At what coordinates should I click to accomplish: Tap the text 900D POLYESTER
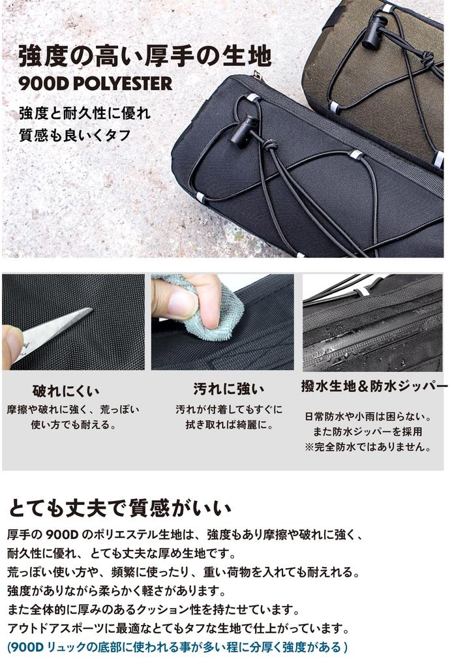tap(95, 83)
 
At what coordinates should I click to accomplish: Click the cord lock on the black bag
tap(246, 130)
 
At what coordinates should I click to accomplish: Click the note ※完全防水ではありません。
tap(369, 447)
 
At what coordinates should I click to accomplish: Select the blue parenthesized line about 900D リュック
tap(177, 647)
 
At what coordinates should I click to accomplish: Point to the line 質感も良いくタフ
tap(74, 136)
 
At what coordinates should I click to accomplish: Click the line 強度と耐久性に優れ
tap(84, 113)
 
